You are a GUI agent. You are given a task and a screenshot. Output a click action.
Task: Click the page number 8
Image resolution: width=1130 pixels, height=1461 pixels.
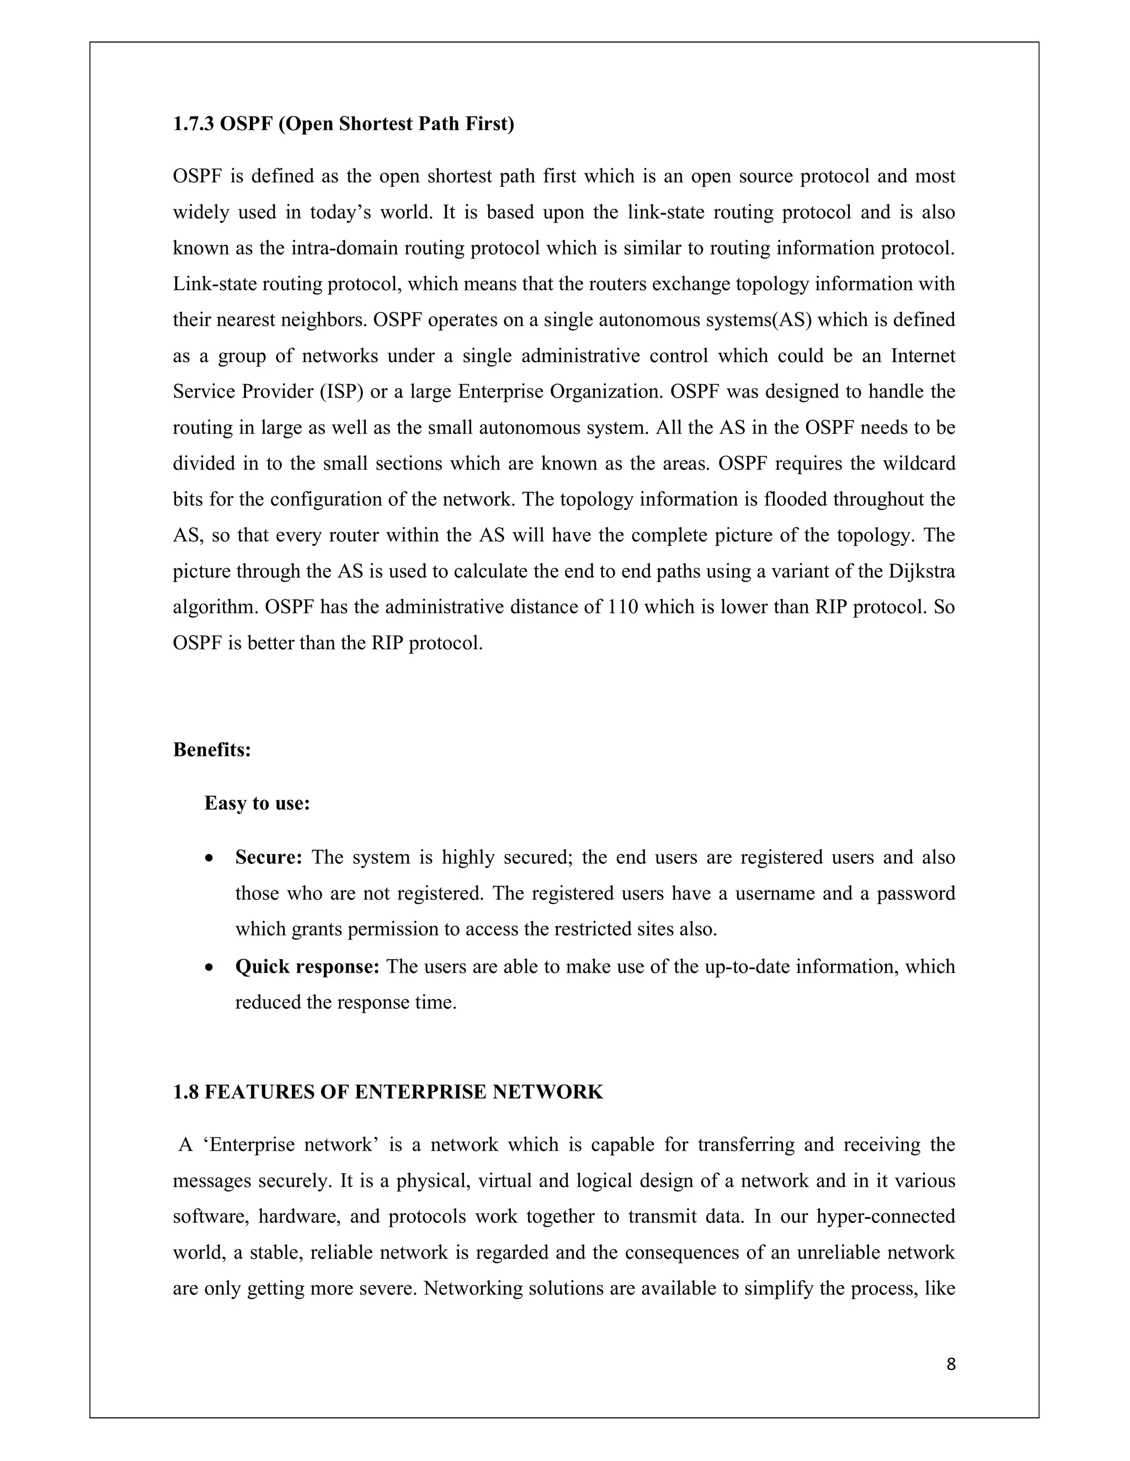[951, 1364]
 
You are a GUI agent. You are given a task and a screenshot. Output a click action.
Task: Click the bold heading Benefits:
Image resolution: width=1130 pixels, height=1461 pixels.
[211, 750]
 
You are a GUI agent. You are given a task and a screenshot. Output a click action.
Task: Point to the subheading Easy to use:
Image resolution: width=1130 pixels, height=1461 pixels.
[257, 803]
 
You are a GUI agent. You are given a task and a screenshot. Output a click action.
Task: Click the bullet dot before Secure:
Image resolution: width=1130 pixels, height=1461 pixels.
[210, 858]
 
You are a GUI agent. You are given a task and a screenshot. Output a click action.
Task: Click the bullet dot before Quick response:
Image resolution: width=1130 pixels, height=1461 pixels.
[210, 968]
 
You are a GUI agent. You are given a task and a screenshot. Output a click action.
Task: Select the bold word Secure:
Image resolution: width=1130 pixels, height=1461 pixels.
[269, 858]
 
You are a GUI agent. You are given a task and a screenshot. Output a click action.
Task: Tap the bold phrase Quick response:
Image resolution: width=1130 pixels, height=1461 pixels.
[307, 966]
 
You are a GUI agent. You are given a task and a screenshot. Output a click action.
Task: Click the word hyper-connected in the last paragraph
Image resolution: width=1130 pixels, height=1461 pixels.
[885, 1216]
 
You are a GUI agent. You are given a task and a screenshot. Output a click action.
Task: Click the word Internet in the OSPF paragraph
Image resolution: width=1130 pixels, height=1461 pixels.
[923, 356]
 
